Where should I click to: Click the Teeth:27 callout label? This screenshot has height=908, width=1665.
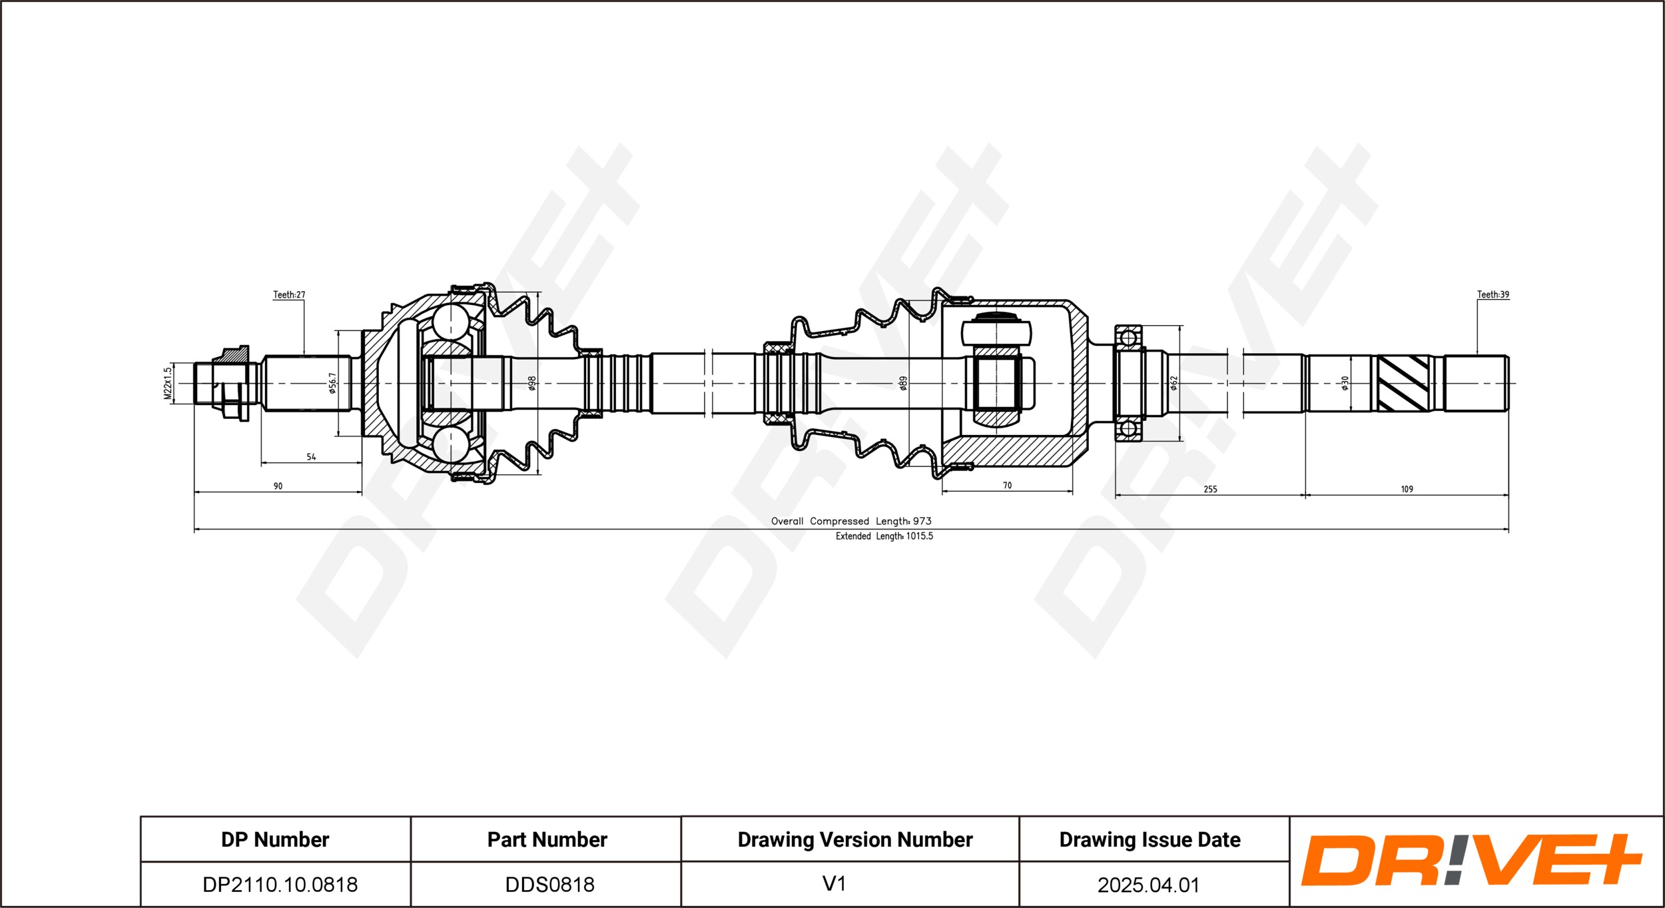coord(289,294)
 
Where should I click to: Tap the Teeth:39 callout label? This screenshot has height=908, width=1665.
coord(1493,294)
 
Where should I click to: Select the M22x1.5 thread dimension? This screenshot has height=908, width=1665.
coord(168,383)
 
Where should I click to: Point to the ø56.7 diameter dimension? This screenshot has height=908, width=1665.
coord(332,383)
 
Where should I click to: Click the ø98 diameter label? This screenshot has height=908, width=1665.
coord(531,383)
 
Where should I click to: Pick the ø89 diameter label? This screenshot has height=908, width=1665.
coord(903,383)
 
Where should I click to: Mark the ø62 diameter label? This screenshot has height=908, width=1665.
coord(1173,383)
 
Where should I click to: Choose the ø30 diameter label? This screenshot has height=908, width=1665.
coord(1344,383)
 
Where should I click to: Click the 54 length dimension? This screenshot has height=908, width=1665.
coord(311,457)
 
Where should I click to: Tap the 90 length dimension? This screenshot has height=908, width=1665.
coord(278,486)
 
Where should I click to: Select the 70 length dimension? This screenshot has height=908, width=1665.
coord(1007,486)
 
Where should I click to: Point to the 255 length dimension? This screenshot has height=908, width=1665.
coord(1210,490)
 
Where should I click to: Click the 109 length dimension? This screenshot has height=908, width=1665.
coord(1407,490)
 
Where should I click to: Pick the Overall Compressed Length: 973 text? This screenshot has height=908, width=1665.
coord(851,521)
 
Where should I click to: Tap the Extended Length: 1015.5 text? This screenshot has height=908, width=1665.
coord(884,536)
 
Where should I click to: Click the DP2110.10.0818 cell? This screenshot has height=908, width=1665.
coord(280,885)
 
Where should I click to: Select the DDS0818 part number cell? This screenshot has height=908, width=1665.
coord(549,885)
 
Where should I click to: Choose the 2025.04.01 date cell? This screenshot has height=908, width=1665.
coord(1149,885)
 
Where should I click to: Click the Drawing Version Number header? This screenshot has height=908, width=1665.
coord(855,839)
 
